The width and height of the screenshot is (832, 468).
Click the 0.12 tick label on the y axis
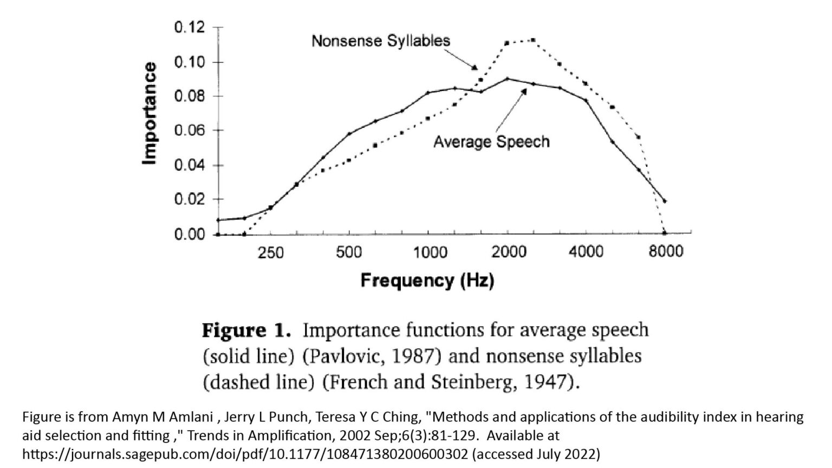coord(189,27)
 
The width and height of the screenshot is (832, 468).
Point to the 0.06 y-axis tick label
coord(189,131)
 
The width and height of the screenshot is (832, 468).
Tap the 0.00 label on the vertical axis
coord(189,234)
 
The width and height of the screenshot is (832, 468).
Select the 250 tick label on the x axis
coord(271,252)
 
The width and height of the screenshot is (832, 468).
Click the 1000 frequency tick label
coord(431,252)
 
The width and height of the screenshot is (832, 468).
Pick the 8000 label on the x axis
coord(666,252)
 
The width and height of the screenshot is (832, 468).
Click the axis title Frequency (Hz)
coord(427,281)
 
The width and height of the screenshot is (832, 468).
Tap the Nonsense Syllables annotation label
coord(381,41)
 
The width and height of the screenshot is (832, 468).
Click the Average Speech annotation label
coord(491,142)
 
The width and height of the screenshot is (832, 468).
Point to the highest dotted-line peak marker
coord(533,40)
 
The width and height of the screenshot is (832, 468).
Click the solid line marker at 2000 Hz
coord(508,79)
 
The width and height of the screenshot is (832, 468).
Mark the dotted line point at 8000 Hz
coord(665,233)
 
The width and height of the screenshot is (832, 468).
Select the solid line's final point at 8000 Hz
coord(665,201)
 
